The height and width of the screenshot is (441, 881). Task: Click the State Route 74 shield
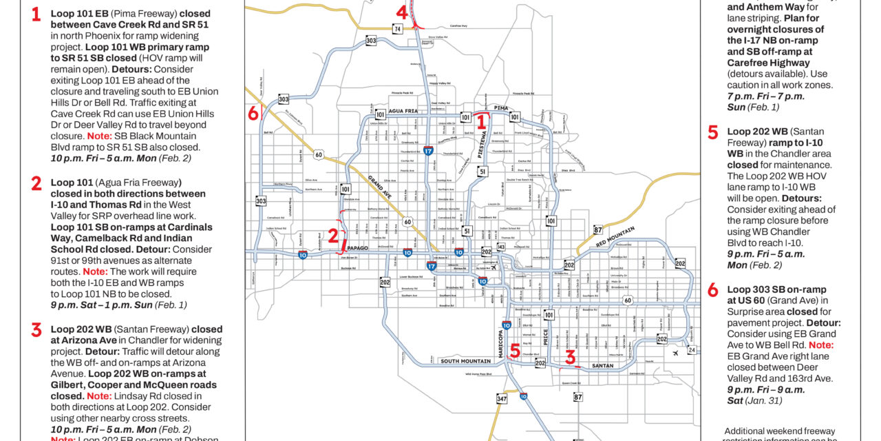(398, 28)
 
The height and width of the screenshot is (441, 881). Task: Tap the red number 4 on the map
(402, 12)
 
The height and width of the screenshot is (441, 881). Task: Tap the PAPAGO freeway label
(359, 247)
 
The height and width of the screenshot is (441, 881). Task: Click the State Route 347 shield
(502, 398)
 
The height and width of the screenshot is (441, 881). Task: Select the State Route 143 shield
(500, 247)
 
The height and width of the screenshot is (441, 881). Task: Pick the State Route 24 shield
(691, 350)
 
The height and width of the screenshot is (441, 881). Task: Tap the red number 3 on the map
(569, 356)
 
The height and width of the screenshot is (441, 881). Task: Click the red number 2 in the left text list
(36, 183)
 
